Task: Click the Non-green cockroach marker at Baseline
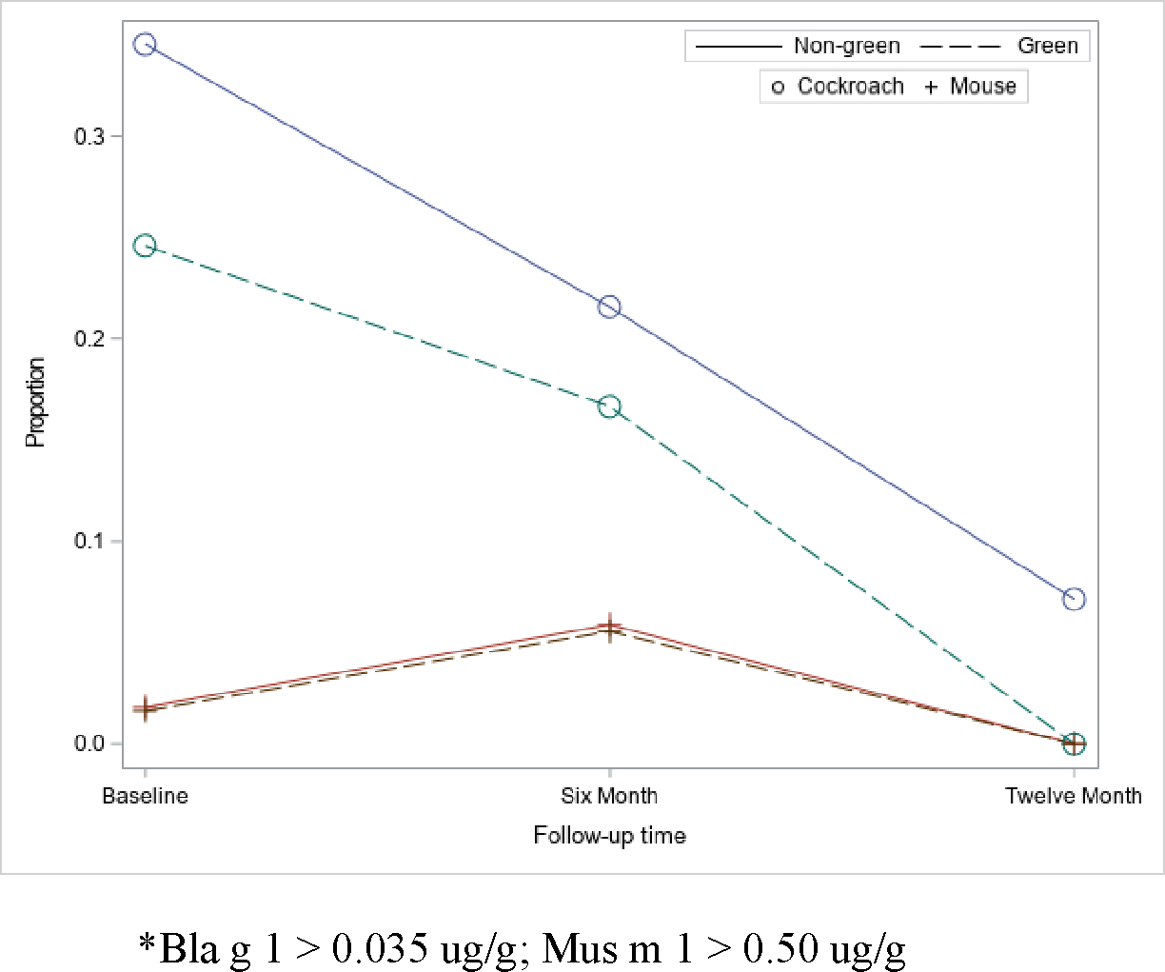click(x=145, y=44)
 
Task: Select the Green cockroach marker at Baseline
click(x=145, y=246)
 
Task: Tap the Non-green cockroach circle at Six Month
click(x=609, y=307)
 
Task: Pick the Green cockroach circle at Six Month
click(x=609, y=407)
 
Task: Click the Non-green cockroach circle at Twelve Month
click(x=1074, y=599)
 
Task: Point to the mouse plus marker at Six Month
click(x=609, y=627)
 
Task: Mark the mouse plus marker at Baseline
click(x=145, y=708)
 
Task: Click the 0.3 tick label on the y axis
click(x=89, y=136)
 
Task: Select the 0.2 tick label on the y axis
click(x=89, y=339)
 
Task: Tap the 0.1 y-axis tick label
click(x=89, y=542)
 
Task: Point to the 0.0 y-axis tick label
click(x=89, y=744)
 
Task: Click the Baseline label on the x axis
click(x=145, y=796)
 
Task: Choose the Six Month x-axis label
click(x=609, y=796)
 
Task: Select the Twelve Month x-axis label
click(x=1074, y=796)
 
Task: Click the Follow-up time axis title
click(x=609, y=836)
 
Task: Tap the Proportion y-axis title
click(x=35, y=402)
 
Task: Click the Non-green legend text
click(x=846, y=46)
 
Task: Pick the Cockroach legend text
click(x=850, y=87)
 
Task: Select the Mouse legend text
click(x=982, y=87)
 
